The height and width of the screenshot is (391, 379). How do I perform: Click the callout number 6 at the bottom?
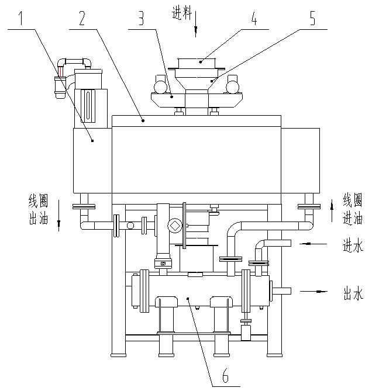coord(225,376)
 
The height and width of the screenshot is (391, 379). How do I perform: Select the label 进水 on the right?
coord(353,246)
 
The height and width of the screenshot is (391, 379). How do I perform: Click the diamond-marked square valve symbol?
coord(174,226)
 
